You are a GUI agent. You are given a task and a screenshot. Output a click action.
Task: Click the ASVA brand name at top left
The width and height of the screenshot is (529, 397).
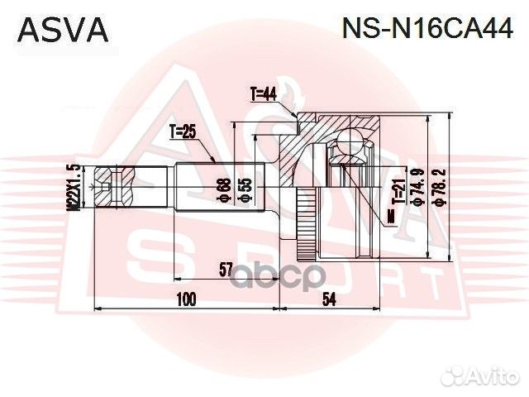[x=63, y=30]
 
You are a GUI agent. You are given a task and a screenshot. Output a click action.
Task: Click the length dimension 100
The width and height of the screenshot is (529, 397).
[x=186, y=299]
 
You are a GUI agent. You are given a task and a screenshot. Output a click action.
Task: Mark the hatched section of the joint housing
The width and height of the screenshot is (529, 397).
[x=293, y=165]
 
